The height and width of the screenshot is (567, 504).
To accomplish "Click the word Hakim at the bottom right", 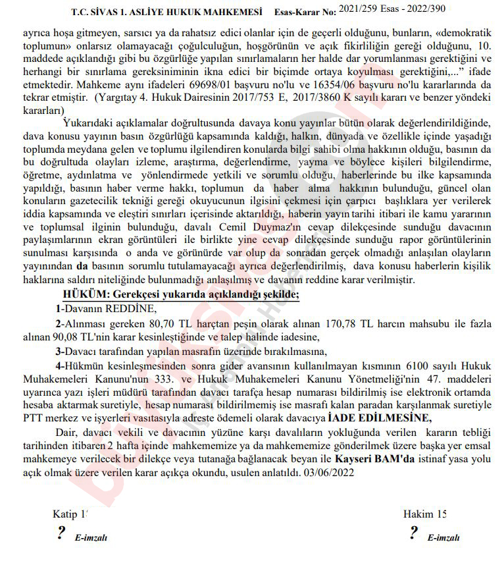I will coord(418,514).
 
